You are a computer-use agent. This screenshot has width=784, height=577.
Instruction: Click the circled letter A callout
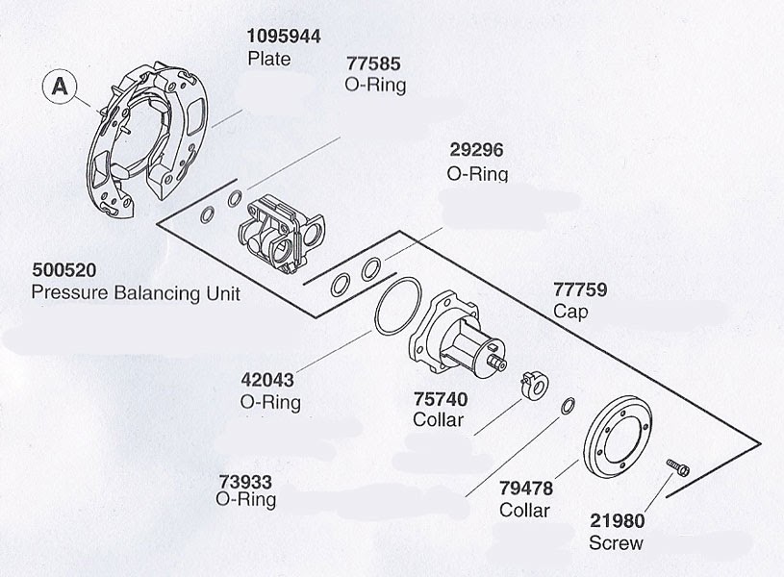[x=60, y=87]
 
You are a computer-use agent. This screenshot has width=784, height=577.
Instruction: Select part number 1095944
[x=284, y=37]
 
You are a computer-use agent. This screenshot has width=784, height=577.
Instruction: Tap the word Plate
[x=269, y=59]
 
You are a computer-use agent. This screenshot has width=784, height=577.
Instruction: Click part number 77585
[x=373, y=64]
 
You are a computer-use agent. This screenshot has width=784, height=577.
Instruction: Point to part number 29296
[x=476, y=150]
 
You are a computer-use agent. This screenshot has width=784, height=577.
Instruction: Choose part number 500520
[x=64, y=270]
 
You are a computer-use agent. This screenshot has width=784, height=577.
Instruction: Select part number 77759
[x=580, y=289]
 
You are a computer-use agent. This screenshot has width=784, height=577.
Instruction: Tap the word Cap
[x=570, y=312]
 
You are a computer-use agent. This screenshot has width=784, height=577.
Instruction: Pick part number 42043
[x=267, y=380]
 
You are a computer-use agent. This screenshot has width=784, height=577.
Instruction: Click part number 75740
[x=441, y=399]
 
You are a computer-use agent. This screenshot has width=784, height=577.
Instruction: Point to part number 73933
[x=245, y=482]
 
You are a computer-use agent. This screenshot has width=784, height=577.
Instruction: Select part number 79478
[x=526, y=488]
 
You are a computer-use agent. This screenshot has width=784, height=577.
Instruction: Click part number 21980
[x=617, y=521]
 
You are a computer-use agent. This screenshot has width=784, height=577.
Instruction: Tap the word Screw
[x=616, y=543]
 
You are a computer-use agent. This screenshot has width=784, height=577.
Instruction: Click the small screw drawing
[x=678, y=467]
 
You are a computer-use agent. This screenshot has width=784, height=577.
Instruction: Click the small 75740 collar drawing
[x=535, y=386]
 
